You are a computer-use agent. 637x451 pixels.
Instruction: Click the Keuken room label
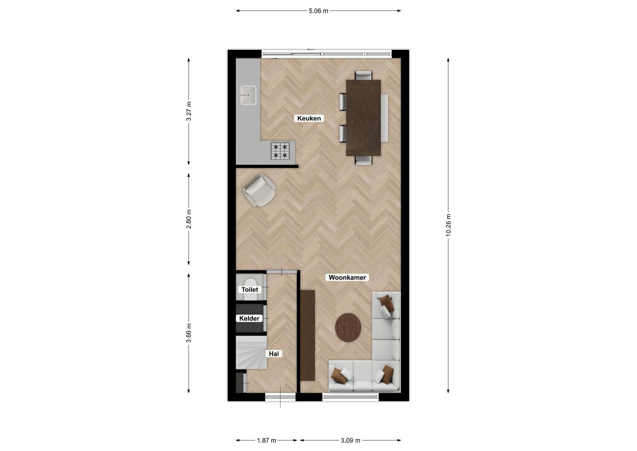309,118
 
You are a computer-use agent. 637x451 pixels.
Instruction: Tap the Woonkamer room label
347,277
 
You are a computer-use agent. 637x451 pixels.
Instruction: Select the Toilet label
249,290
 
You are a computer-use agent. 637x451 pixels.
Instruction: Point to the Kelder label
249,318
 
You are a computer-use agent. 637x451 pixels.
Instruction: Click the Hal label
274,354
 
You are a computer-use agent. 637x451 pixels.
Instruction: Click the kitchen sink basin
248,95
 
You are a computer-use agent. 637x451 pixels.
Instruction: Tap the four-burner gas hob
280,151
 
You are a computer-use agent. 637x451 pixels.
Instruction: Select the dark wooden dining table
363,118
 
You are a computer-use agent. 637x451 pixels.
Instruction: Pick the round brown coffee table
348,327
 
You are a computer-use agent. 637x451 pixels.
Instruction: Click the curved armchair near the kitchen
259,190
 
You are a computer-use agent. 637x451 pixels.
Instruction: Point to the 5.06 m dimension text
318,11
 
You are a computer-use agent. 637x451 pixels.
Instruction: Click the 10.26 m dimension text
448,225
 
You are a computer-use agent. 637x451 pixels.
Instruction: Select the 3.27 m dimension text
189,111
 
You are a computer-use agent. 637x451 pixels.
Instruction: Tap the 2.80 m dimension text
189,219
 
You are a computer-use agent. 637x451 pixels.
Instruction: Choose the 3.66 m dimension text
189,333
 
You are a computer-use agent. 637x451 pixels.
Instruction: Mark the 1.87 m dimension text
267,440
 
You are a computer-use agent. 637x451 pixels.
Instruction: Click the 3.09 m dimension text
350,440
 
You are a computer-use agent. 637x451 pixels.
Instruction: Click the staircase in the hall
251,352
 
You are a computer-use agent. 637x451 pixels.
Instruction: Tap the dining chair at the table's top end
363,75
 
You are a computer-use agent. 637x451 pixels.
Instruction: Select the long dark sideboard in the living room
308,335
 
